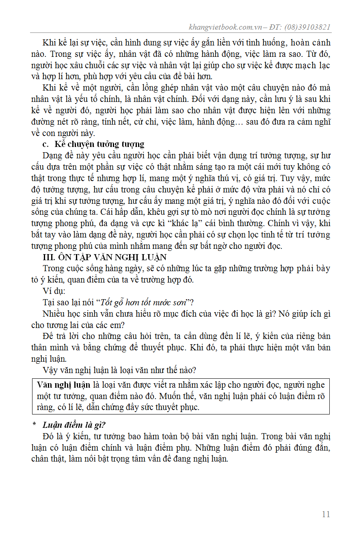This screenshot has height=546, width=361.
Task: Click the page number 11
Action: (x=326, y=514)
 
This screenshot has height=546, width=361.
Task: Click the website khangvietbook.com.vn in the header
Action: (x=225, y=27)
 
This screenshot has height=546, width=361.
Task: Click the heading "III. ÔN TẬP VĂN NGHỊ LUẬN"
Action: (x=105, y=257)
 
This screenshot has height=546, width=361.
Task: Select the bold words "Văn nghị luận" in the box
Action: (x=63, y=385)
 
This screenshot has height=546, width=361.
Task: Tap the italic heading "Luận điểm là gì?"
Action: (x=74, y=425)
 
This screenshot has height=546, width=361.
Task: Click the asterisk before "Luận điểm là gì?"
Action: (x=35, y=425)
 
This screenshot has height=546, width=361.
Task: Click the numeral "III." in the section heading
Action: (x=50, y=257)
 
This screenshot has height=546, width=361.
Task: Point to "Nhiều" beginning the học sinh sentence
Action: (x=54, y=313)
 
